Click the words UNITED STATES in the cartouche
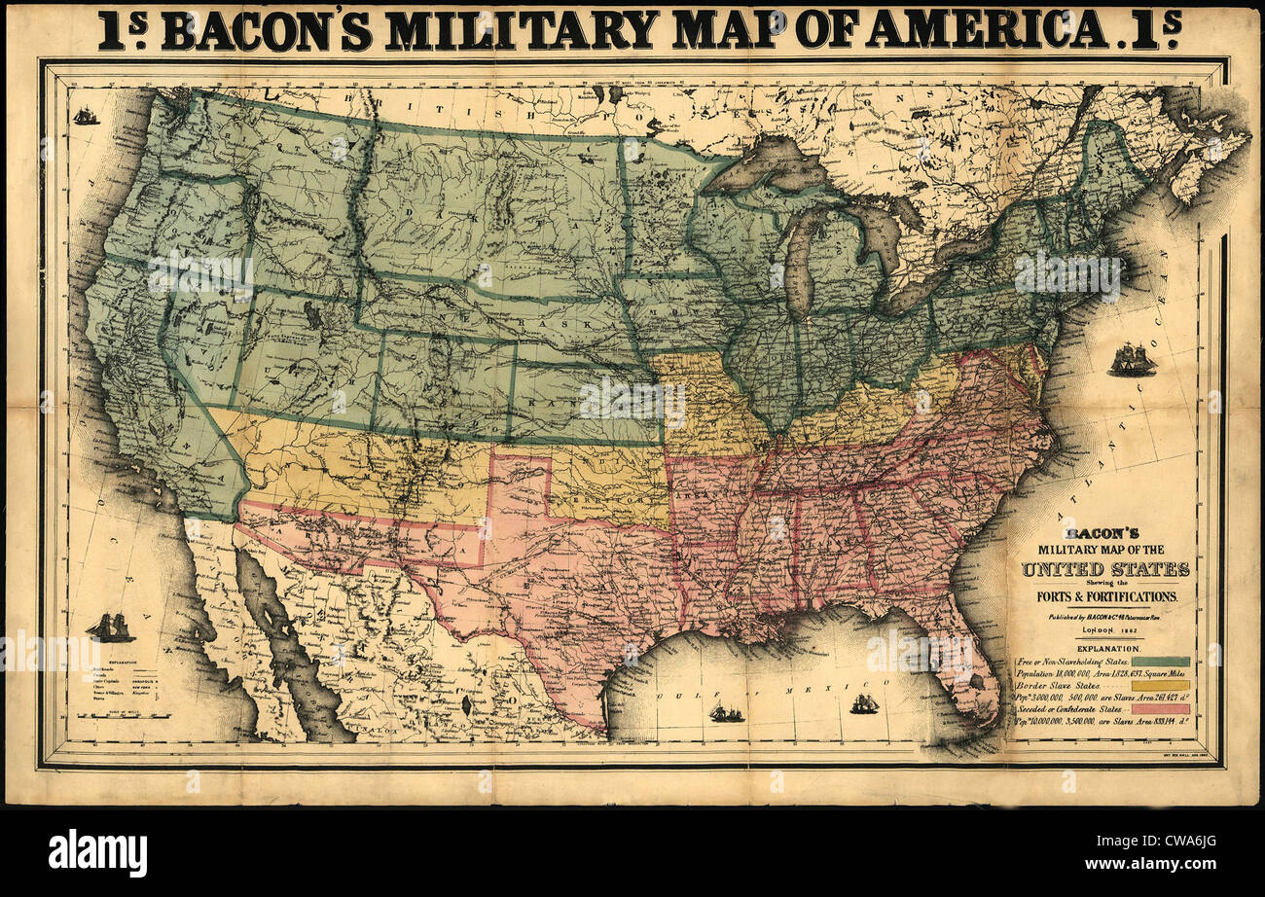click(x=1104, y=569)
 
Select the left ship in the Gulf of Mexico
click(x=726, y=713)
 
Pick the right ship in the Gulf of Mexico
click(x=863, y=703)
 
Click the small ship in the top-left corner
click(x=87, y=116)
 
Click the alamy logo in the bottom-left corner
click(x=97, y=853)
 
